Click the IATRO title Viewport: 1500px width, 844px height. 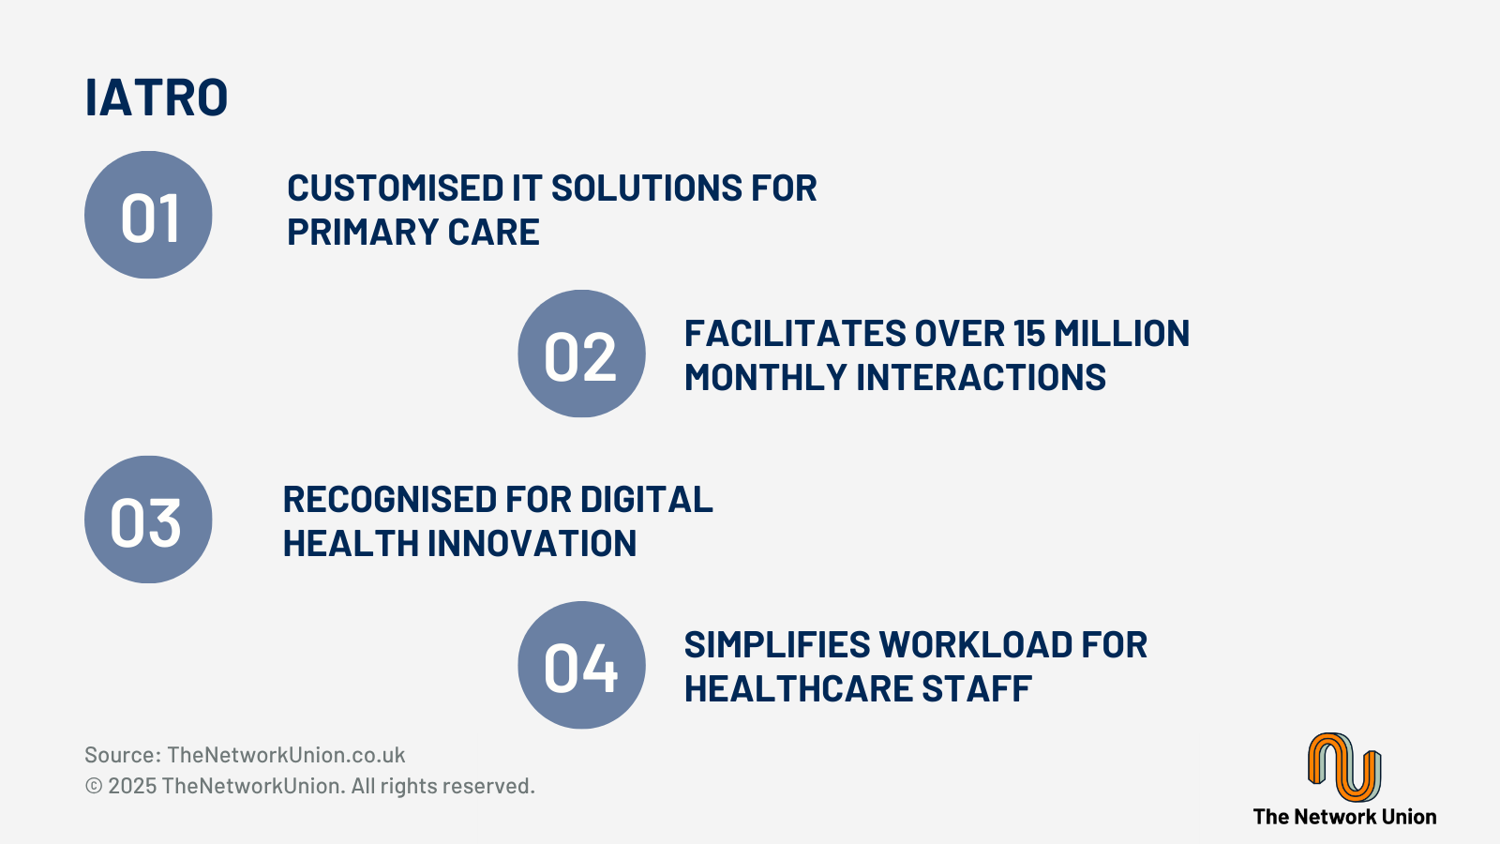click(x=157, y=98)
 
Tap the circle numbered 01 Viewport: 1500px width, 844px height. click(x=148, y=215)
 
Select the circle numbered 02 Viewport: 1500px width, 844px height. click(x=581, y=354)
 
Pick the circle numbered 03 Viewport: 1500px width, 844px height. click(x=148, y=520)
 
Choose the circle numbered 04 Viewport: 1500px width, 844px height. click(x=581, y=665)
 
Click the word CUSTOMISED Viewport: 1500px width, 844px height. click(x=395, y=188)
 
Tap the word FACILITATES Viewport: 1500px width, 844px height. click(x=794, y=333)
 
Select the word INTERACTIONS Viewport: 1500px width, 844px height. click(x=981, y=377)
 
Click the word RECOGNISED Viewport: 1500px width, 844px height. click(x=390, y=499)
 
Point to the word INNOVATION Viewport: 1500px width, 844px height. click(x=532, y=543)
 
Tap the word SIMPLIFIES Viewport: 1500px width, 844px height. click(x=777, y=644)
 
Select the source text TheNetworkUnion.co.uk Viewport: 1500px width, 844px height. click(x=286, y=755)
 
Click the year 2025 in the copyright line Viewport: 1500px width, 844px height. click(x=132, y=786)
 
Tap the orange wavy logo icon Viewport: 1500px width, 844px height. click(x=1344, y=766)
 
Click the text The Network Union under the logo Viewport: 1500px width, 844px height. click(x=1344, y=817)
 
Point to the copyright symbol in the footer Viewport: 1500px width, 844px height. click(x=94, y=786)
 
